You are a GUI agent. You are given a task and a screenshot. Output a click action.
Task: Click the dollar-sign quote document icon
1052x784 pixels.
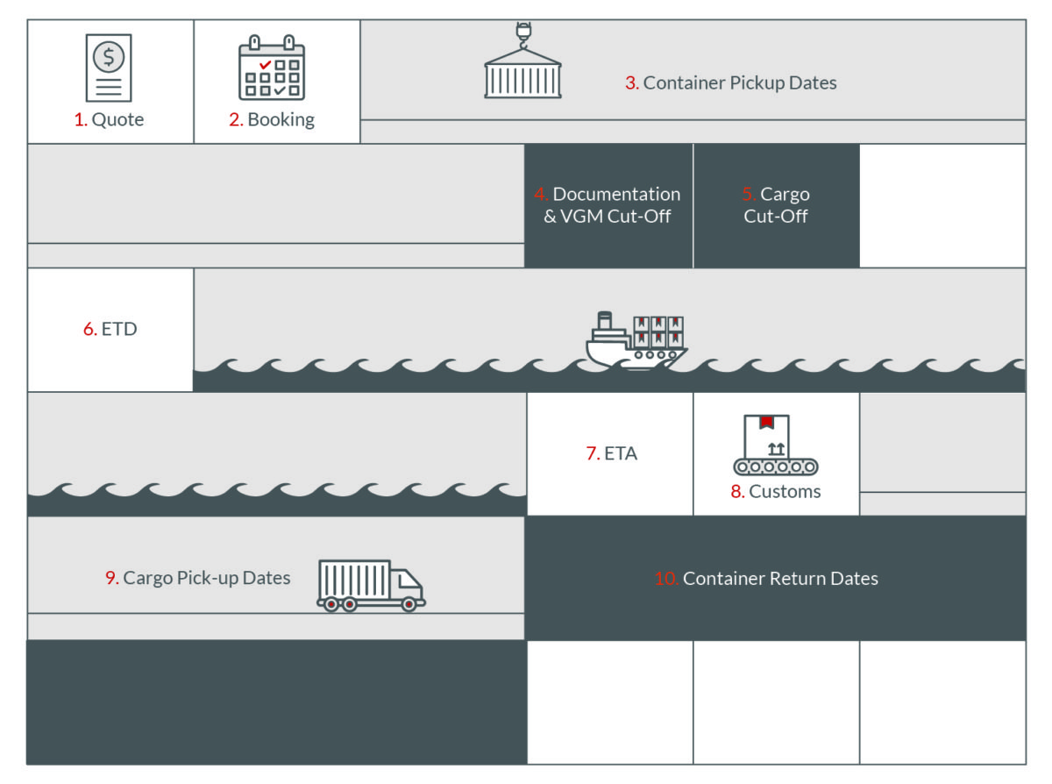[x=109, y=68]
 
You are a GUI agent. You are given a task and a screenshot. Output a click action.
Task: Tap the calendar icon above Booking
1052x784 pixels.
[x=272, y=68]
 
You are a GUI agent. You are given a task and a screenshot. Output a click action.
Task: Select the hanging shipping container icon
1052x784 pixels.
[x=522, y=74]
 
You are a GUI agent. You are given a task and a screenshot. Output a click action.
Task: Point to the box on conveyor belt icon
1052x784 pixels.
[x=775, y=445]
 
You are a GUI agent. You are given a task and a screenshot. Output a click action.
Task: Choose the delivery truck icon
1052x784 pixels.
[x=371, y=585]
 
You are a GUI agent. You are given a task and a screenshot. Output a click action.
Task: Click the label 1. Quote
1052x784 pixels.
[x=109, y=120]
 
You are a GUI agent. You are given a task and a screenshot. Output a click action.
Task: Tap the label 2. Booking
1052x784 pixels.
[x=272, y=120]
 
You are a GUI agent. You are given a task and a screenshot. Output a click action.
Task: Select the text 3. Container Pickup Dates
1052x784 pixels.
[x=730, y=83]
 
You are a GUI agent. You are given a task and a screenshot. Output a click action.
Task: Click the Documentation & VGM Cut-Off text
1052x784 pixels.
[x=608, y=205]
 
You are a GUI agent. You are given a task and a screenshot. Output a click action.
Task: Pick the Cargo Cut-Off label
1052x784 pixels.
[x=776, y=205]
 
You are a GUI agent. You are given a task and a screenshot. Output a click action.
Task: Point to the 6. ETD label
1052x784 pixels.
[x=110, y=330]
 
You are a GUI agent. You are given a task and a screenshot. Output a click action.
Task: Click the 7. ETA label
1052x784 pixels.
[x=611, y=453]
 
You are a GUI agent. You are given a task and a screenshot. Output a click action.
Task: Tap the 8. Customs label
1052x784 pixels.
[x=776, y=491]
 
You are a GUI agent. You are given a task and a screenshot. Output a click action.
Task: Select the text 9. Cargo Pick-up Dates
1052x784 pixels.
[x=198, y=578]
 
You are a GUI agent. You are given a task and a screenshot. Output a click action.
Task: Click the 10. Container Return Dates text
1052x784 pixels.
[x=766, y=579]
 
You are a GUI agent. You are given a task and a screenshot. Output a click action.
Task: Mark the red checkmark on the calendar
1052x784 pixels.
[x=265, y=65]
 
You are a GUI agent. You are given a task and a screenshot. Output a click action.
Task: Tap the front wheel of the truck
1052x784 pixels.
[x=409, y=604]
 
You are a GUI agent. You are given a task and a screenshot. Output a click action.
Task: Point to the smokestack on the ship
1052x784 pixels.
[x=604, y=320]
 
